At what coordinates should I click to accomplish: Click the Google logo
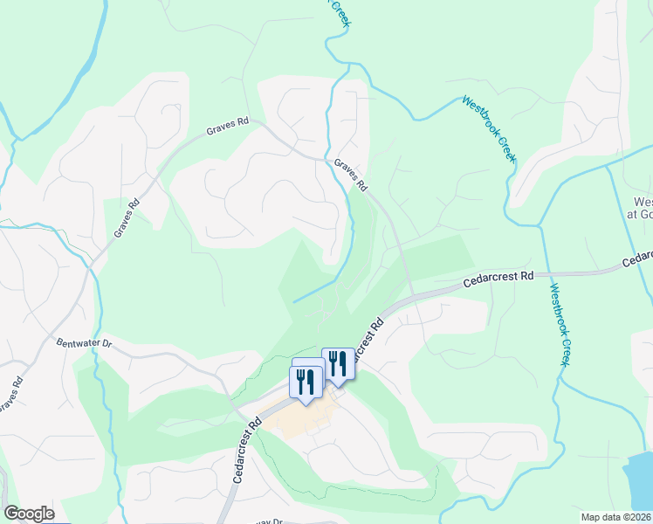29,514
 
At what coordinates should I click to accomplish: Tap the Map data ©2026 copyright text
615,517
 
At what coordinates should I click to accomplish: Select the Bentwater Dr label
84,344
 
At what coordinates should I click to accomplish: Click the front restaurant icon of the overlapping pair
304,383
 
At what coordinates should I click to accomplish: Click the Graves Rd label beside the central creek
351,176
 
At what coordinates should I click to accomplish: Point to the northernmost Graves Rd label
229,128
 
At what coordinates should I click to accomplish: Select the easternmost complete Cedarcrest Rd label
498,277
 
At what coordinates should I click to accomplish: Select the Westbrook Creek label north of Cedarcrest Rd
489,128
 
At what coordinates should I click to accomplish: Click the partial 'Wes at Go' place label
639,206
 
